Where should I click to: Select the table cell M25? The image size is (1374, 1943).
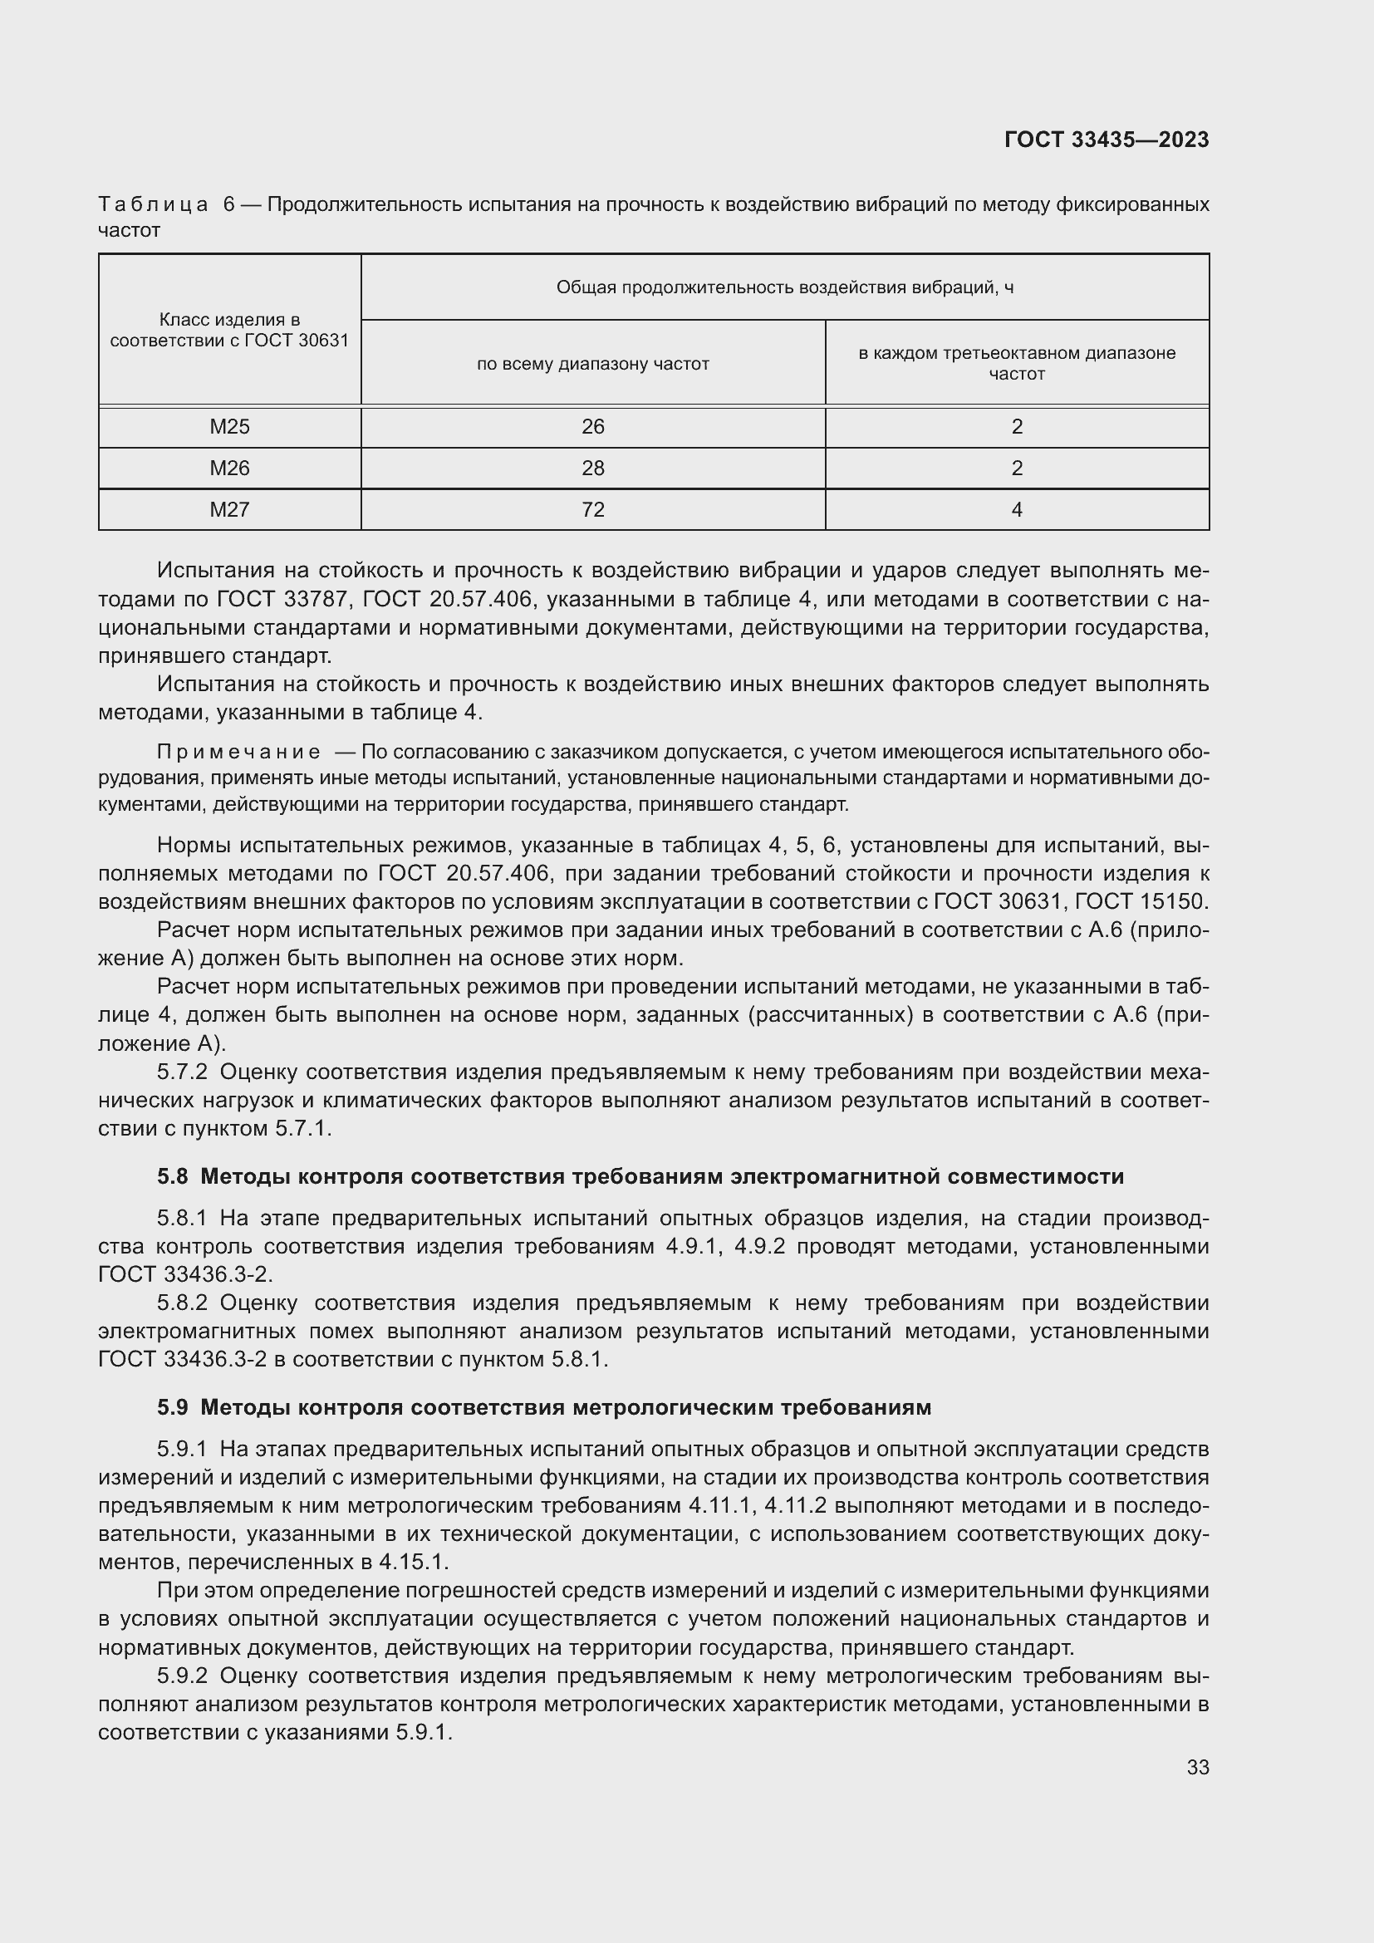[x=229, y=426]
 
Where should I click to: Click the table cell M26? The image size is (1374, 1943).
[x=229, y=468]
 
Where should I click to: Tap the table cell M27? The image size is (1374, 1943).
[x=229, y=509]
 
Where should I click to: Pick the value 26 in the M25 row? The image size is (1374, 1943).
[x=592, y=426]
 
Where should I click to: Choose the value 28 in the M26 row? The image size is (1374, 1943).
[x=592, y=468]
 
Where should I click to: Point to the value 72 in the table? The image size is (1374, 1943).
[x=592, y=509]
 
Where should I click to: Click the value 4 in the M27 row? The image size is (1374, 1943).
[x=1016, y=509]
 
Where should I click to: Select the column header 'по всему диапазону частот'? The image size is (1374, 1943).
[x=592, y=364]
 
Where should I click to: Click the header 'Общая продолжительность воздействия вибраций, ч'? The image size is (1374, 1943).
[x=784, y=287]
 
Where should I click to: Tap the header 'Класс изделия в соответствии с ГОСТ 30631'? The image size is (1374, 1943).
[x=229, y=330]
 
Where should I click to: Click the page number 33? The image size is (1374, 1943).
[x=1197, y=1767]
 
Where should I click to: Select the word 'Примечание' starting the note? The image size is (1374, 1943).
[x=238, y=753]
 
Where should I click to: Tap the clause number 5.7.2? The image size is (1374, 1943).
[x=182, y=1072]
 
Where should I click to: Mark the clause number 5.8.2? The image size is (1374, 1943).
[x=182, y=1303]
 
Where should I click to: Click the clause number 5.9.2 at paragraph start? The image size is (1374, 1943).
[x=182, y=1676]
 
